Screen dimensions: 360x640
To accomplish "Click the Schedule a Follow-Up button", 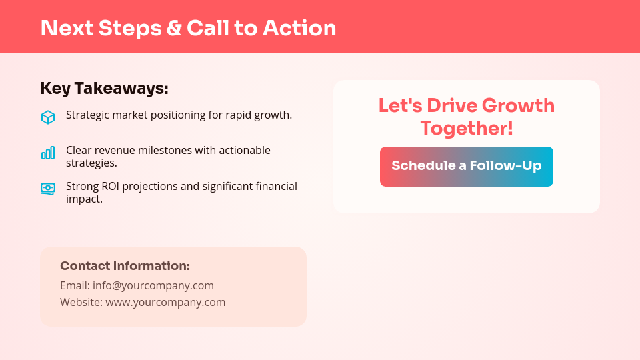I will pyautogui.click(x=467, y=167).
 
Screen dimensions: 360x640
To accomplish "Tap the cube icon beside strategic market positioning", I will pyautogui.click(x=47, y=117).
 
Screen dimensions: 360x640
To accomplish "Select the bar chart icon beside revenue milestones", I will pyautogui.click(x=47, y=153).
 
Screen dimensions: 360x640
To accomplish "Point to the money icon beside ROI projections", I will pyautogui.click(x=47, y=189).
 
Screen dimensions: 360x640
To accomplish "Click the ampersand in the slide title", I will pyautogui.click(x=173, y=28).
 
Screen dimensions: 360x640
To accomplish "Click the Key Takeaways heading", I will pyautogui.click(x=104, y=89).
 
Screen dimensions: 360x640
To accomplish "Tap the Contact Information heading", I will pyautogui.click(x=125, y=266).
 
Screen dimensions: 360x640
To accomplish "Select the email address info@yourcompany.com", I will pyautogui.click(x=153, y=285).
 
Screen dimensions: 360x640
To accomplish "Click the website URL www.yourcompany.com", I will pyautogui.click(x=165, y=302).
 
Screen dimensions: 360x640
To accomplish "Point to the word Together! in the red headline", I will pyautogui.click(x=467, y=127).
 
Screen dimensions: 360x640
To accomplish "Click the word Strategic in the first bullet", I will pyautogui.click(x=87, y=115).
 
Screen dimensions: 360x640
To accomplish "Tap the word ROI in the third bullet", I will pyautogui.click(x=111, y=186).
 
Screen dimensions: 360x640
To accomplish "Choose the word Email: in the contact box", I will pyautogui.click(x=75, y=285).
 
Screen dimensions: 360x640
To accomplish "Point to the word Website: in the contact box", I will pyautogui.click(x=81, y=302).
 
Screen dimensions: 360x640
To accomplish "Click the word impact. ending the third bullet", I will pyautogui.click(x=84, y=199).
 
